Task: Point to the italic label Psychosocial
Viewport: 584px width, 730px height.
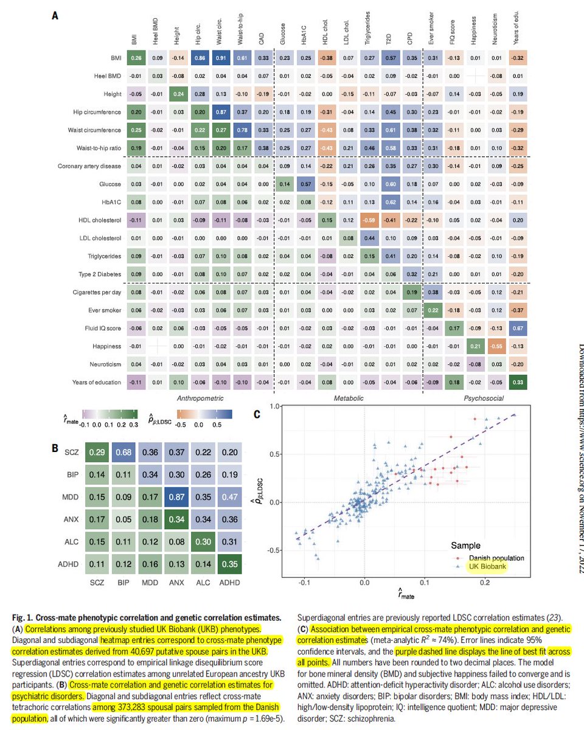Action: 478,398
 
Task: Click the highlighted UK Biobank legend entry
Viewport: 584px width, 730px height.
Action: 488,567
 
